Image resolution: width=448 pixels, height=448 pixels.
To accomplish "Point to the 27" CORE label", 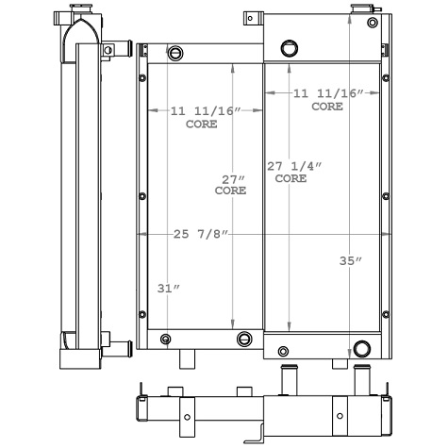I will click(x=230, y=184).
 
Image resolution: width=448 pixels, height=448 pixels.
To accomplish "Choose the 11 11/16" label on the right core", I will click(x=327, y=100).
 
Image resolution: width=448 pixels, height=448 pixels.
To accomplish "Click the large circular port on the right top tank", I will click(x=289, y=48).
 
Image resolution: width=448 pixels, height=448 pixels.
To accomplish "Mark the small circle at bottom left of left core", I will click(x=166, y=339).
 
